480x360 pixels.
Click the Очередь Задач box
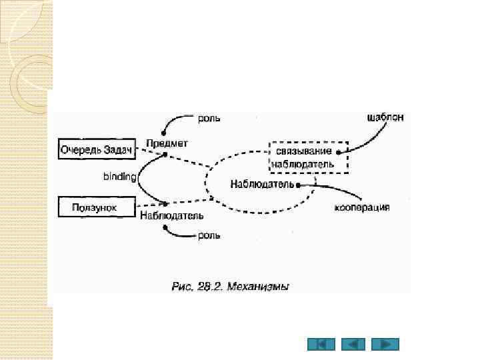point(97,149)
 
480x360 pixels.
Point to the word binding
point(119,177)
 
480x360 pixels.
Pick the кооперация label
point(362,207)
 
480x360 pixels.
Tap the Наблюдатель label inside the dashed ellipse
point(263,183)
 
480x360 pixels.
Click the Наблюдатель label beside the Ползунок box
point(172,216)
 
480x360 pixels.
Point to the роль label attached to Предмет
point(209,119)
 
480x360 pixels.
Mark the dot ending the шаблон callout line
point(339,152)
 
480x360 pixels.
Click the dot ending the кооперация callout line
point(297,184)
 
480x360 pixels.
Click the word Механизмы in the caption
point(257,287)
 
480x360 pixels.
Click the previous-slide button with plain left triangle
point(353,345)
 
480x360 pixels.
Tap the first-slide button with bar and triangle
point(321,345)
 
